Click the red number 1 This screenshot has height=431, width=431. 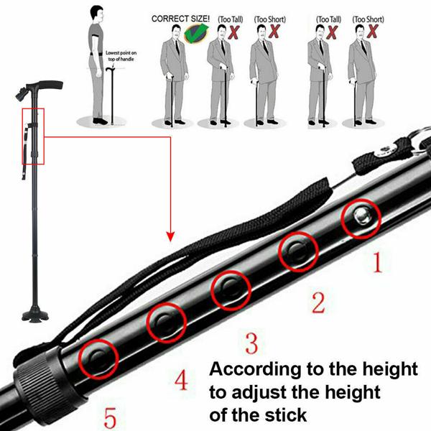coord(376,264)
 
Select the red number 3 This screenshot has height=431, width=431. coord(251,343)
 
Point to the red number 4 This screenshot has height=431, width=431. coord(181,379)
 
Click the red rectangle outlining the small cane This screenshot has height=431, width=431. coord(33,136)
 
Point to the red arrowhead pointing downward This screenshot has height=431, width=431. coord(170,235)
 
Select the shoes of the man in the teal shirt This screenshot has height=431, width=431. coord(103,121)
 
